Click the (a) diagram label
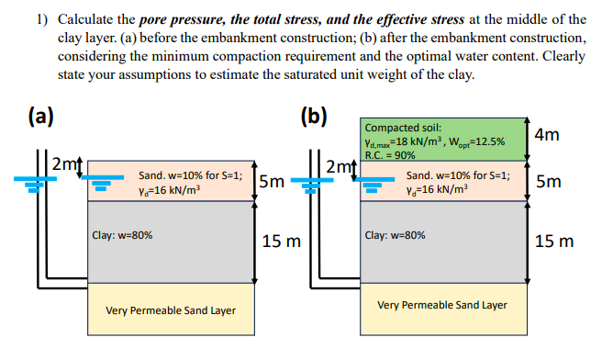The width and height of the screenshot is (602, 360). (x=39, y=118)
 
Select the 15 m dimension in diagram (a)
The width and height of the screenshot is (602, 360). (x=282, y=242)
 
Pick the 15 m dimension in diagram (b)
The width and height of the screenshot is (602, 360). (x=554, y=242)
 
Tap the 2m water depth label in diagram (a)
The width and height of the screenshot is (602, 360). (x=65, y=165)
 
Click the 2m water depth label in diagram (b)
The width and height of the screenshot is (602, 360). (x=338, y=165)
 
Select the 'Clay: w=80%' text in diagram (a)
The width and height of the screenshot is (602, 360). (x=123, y=234)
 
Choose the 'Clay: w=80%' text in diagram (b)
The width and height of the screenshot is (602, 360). (x=396, y=234)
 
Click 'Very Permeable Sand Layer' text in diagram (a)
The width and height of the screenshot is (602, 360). (x=171, y=310)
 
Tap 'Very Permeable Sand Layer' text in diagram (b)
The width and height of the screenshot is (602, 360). (x=442, y=304)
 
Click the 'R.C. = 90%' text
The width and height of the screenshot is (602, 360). (x=390, y=154)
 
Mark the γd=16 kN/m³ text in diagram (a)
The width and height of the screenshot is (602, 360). (x=169, y=190)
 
